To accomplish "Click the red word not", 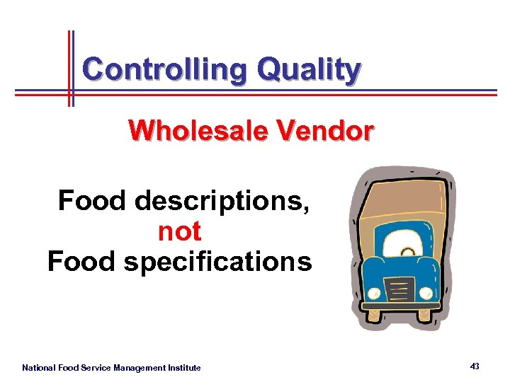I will click(179, 231).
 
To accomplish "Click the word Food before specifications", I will click(81, 262).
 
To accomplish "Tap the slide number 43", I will click(474, 366).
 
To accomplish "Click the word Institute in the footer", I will click(184, 368).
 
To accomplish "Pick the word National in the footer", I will click(38, 368).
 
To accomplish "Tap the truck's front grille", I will click(399, 289).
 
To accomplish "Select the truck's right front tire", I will click(425, 313).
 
